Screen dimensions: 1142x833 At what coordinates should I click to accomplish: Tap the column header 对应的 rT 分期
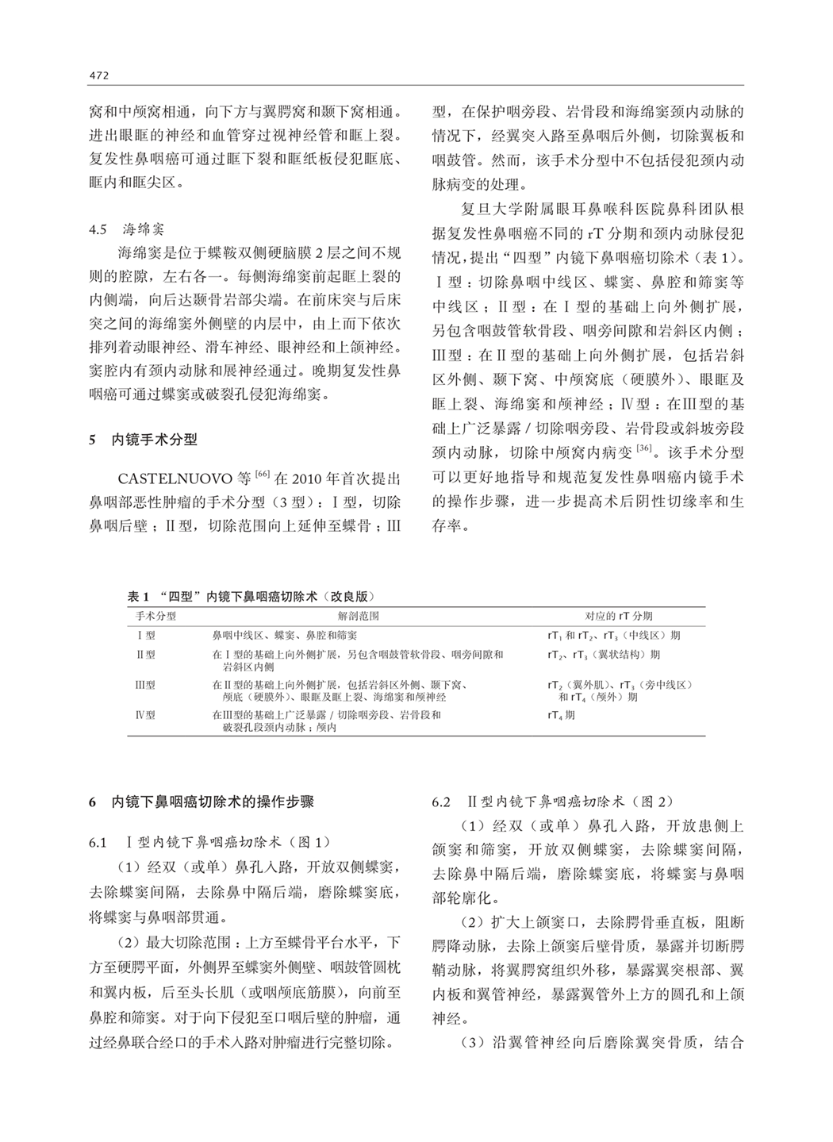pyautogui.click(x=618, y=616)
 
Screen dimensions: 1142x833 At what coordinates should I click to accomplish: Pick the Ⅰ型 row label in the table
pyautogui.click(x=146, y=636)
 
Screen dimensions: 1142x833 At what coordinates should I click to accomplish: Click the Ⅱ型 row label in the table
pyautogui.click(x=146, y=656)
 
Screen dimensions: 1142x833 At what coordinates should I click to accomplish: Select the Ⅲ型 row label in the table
pyautogui.click(x=146, y=685)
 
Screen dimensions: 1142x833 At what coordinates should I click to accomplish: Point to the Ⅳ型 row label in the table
pyautogui.click(x=146, y=715)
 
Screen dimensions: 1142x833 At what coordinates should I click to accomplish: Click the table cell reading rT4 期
pyautogui.click(x=562, y=715)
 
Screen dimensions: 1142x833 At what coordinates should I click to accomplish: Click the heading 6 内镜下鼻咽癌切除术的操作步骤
pyautogui.click(x=202, y=802)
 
